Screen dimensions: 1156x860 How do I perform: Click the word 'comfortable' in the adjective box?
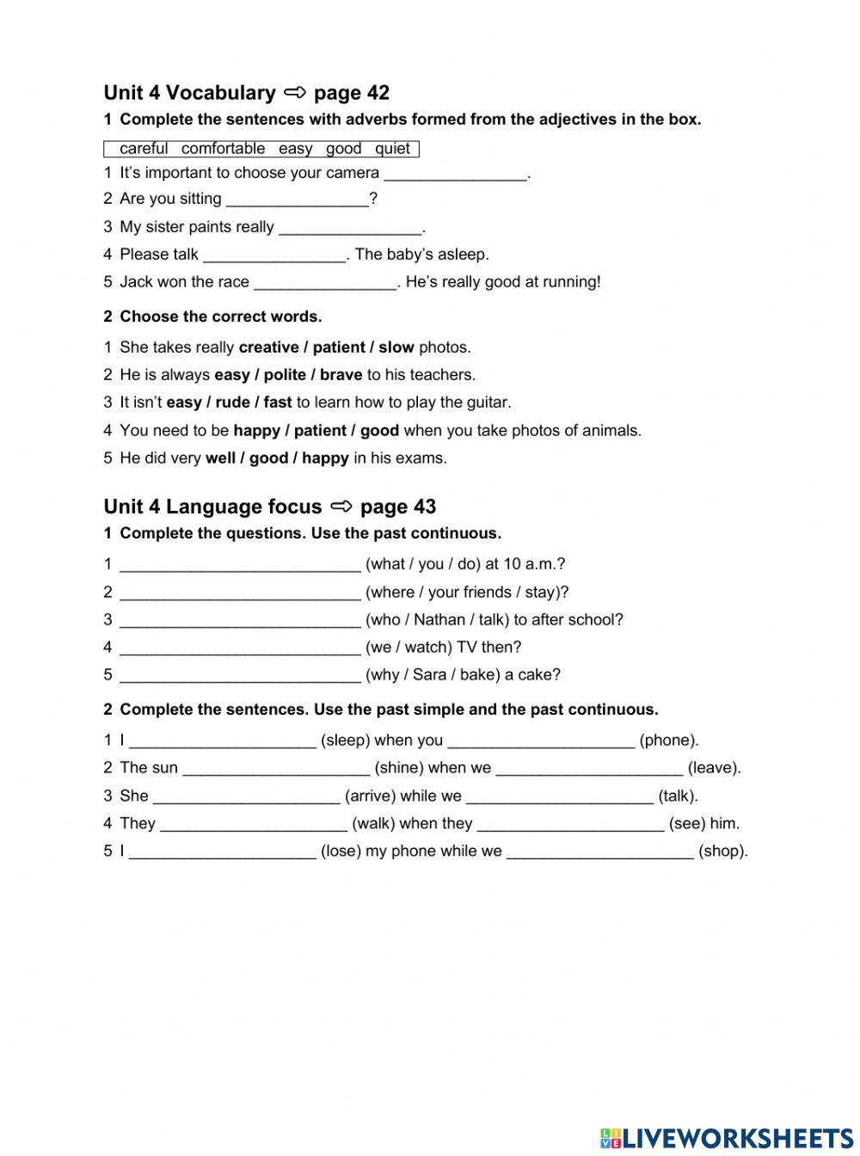[223, 149]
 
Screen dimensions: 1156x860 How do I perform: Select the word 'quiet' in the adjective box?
[392, 149]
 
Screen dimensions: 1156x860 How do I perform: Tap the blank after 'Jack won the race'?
[326, 283]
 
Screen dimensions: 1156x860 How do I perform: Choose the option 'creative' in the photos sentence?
[268, 347]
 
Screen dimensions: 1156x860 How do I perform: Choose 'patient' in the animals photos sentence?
[320, 430]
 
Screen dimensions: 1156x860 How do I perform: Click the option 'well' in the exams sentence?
[220, 458]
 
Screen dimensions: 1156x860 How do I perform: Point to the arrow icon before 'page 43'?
[341, 506]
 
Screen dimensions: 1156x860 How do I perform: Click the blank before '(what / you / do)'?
[240, 566]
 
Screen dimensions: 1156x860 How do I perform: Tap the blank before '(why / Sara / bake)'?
[240, 676]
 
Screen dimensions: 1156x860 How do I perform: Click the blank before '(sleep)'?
[223, 741]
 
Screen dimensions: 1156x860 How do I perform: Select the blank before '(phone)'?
[541, 741]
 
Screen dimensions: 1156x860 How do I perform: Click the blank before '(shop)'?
[600, 852]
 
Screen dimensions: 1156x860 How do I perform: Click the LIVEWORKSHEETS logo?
[727, 1137]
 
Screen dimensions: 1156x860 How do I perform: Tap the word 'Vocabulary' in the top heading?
[221, 93]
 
